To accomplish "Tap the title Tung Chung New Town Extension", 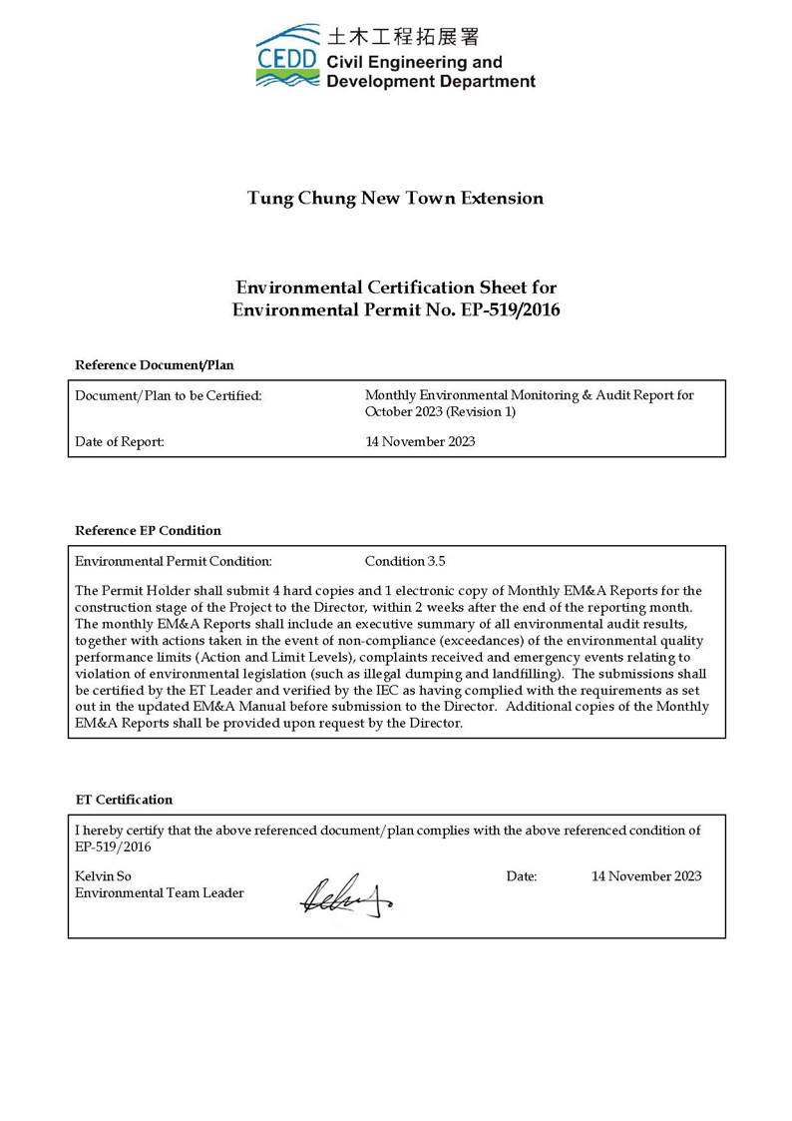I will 395,198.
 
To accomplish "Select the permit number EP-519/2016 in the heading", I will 510,309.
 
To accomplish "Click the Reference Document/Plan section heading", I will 155,364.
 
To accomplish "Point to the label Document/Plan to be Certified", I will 169,396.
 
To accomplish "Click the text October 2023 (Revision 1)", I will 440,411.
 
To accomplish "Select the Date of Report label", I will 120,441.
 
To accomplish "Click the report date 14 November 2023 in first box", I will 420,441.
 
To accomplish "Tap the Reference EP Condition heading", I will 149,530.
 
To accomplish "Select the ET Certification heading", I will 125,800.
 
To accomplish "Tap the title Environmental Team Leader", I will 160,892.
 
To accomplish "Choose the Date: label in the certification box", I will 521,876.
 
